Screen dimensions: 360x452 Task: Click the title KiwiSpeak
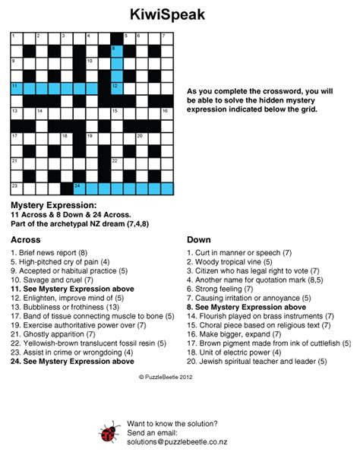click(x=179, y=14)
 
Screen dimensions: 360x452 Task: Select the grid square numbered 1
click(x=16, y=39)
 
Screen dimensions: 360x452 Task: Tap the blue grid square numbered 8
click(x=116, y=51)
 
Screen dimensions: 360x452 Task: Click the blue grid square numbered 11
click(x=16, y=88)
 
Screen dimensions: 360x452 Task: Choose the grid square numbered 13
click(x=16, y=113)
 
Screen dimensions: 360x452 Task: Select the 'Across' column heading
click(x=25, y=239)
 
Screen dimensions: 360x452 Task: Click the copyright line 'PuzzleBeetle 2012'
click(x=179, y=375)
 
